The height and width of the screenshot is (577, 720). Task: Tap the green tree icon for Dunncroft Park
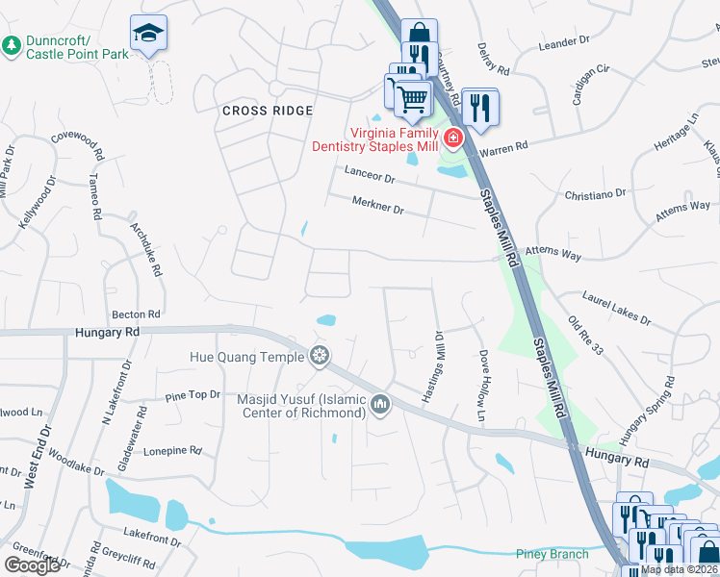coord(12,45)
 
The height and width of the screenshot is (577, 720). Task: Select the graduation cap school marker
coord(148,35)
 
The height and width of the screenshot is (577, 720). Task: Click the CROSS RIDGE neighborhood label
coord(268,111)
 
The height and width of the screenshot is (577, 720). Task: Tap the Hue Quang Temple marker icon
coord(319,357)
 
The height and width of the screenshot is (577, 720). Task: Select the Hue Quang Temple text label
coord(245,357)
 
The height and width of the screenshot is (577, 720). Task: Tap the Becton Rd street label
coord(136,314)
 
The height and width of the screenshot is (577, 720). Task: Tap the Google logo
coord(32,565)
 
